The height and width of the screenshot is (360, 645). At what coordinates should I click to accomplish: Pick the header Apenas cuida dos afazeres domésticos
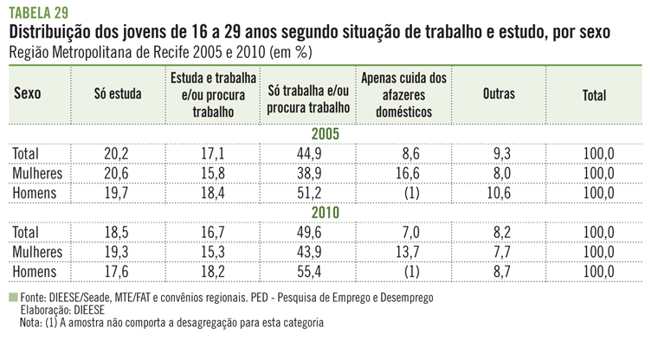404,95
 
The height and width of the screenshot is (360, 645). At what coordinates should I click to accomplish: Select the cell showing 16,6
403,173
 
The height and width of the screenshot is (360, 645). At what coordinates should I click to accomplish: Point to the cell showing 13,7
403,251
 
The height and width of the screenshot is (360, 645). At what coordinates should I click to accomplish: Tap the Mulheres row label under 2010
38,251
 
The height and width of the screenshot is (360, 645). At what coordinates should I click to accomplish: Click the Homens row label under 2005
35,192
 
